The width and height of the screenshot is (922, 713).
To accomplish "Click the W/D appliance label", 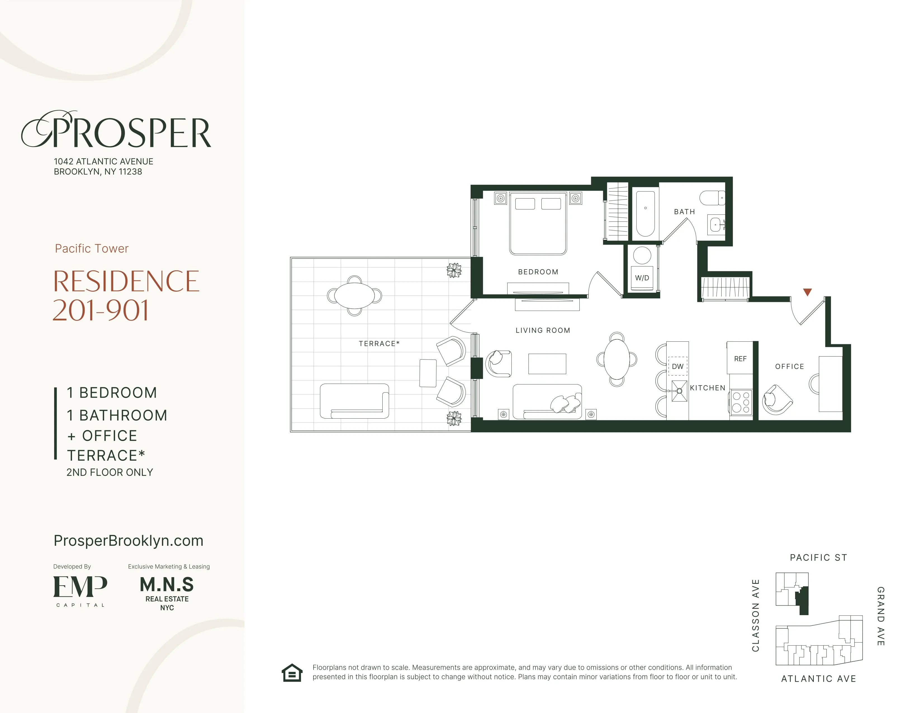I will click(642, 278).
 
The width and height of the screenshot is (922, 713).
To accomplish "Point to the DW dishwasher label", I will click(677, 366).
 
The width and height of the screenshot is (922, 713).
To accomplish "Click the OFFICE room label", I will click(790, 367).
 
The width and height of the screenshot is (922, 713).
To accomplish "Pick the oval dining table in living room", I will click(617, 360).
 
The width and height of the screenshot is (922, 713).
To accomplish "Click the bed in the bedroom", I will click(538, 224).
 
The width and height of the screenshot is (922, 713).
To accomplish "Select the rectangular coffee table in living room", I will click(547, 364).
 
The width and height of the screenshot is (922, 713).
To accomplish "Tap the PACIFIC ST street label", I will click(818, 558).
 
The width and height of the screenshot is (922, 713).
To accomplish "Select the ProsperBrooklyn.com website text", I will click(128, 541).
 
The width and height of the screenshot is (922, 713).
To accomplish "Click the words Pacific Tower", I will click(92, 248).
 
